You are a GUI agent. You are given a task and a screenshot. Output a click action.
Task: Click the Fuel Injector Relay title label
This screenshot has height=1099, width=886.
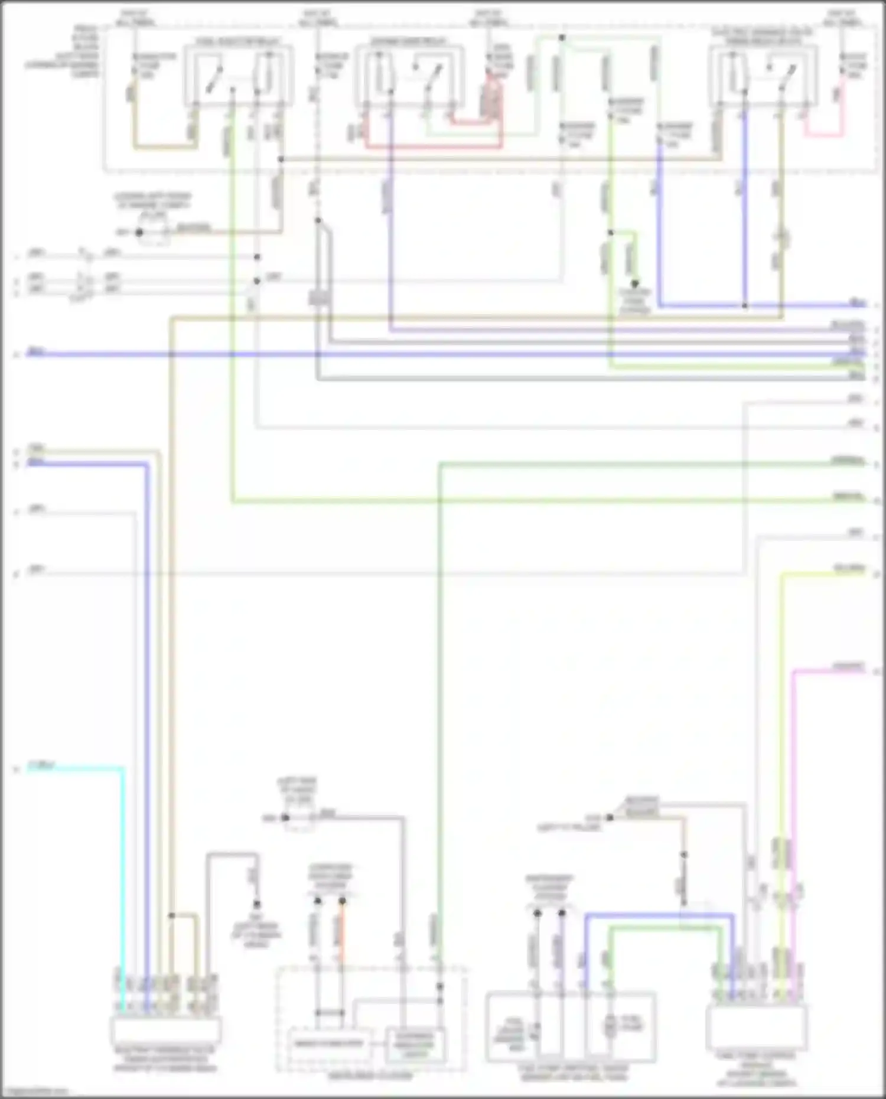239,41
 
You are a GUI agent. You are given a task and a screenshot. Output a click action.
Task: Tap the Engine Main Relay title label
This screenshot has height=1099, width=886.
408,41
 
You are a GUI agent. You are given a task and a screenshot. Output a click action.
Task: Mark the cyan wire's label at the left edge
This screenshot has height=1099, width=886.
41,767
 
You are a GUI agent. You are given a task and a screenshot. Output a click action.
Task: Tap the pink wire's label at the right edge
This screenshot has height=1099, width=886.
849,667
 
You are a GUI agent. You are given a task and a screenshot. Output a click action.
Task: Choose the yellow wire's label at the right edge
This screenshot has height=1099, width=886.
849,569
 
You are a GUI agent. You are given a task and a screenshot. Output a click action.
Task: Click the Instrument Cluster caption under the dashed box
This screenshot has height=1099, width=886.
370,1076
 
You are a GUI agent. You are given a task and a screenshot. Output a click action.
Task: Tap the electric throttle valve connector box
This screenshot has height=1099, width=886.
165,1030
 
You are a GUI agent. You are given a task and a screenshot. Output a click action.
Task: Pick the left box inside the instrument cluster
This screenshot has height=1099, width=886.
329,1044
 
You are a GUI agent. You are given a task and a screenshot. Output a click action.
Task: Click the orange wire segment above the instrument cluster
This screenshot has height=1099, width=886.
341,936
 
